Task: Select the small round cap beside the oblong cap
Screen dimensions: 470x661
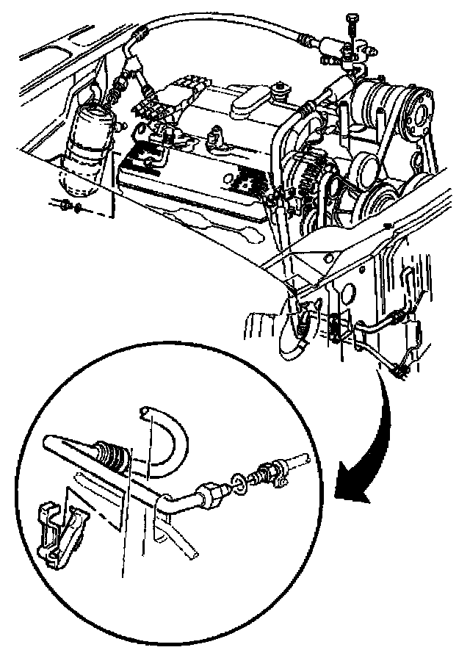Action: [279, 93]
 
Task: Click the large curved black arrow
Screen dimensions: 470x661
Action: [367, 441]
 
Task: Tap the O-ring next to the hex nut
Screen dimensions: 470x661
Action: [239, 482]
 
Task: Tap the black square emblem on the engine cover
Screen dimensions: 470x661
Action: [246, 179]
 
